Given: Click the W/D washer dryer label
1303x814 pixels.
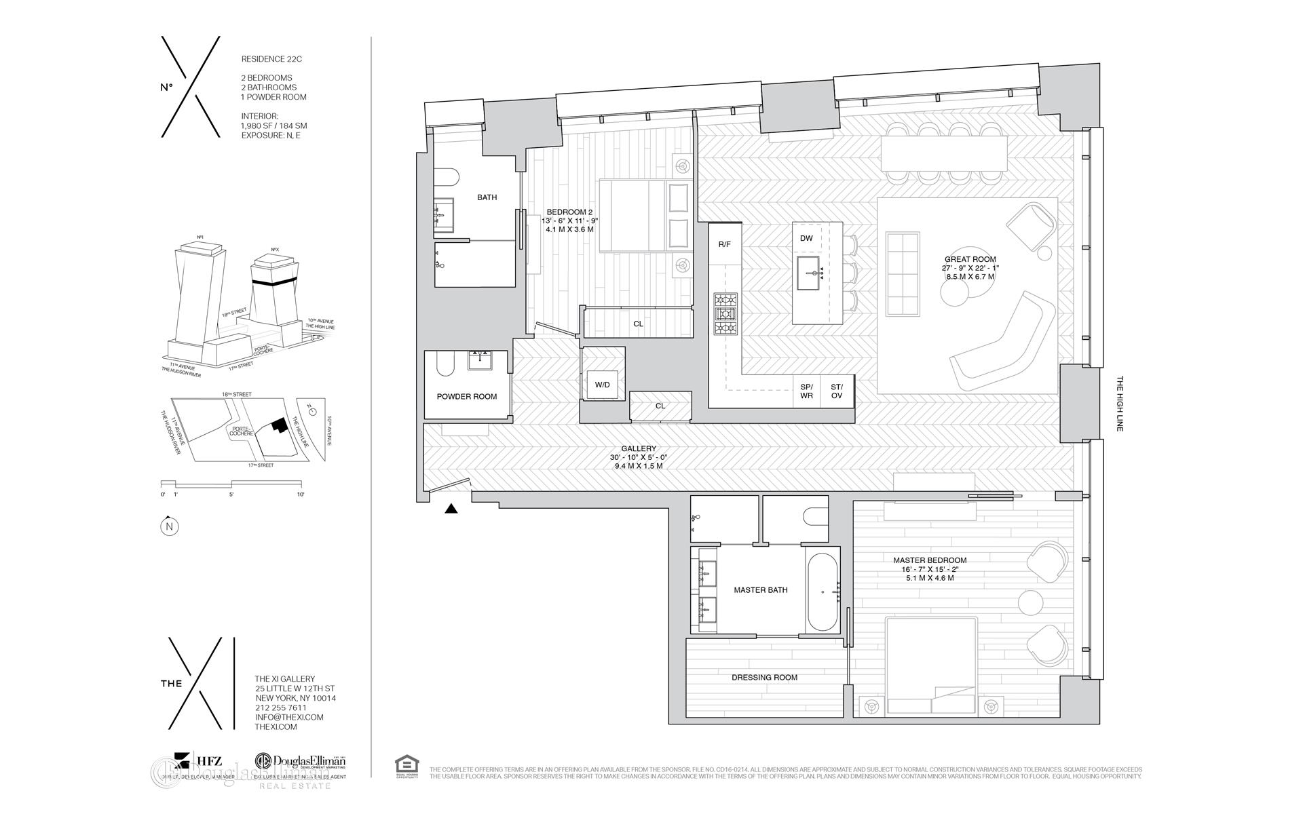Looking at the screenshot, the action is (602, 385).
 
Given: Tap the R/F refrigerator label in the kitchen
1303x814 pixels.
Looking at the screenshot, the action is (724, 244).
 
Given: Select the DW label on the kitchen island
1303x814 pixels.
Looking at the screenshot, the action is (806, 238).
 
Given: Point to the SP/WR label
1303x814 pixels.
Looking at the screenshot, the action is (806, 391).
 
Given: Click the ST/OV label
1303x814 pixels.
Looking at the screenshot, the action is (836, 391).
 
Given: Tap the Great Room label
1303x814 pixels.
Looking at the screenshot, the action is (970, 259).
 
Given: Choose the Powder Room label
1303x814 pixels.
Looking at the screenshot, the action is (466, 396).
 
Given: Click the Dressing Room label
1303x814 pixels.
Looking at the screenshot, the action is (764, 677).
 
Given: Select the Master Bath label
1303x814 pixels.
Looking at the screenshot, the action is (760, 590).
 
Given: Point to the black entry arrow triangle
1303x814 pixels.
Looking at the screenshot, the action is (451, 509).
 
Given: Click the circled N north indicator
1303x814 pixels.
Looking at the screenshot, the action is (169, 526).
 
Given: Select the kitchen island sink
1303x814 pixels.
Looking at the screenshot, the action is (810, 273).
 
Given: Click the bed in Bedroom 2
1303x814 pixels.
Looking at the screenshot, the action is (645, 215).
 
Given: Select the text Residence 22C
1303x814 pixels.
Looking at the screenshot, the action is (271, 59).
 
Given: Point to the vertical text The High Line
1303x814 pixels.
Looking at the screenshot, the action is (1120, 404).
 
